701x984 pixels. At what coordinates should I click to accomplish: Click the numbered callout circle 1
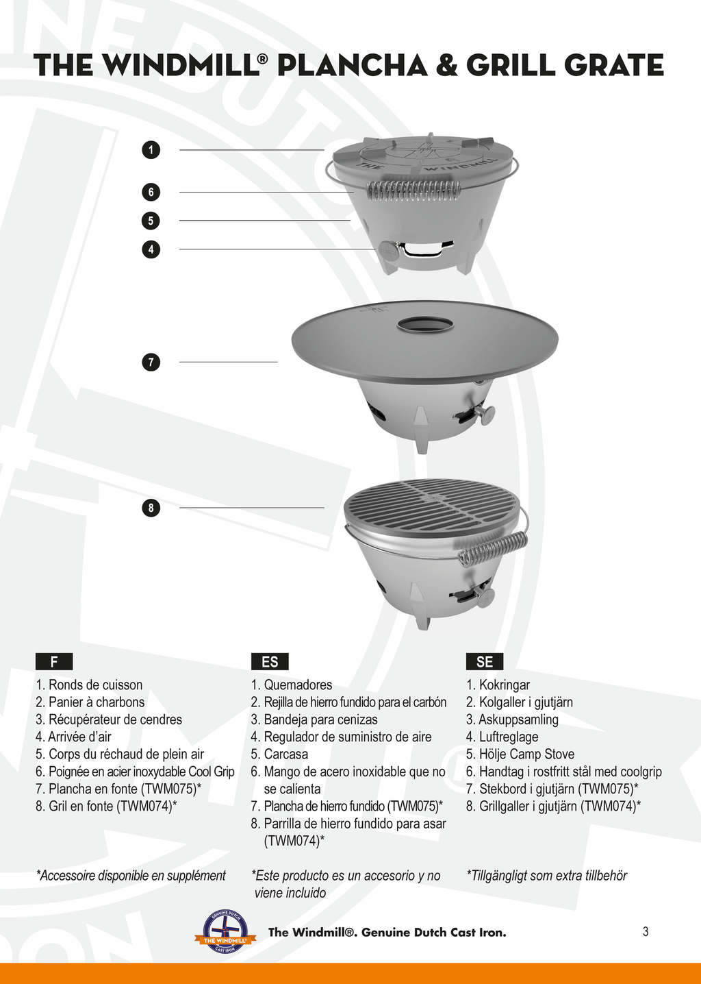tap(151, 149)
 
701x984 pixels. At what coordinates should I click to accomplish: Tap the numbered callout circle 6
tap(151, 192)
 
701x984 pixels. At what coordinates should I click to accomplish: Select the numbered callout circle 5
tap(151, 221)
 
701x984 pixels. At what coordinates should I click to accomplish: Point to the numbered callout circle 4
tap(151, 249)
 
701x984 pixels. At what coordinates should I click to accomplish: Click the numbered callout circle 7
tap(151, 362)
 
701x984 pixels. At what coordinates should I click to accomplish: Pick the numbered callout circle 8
tap(151, 508)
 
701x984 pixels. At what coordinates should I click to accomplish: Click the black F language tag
tap(54, 661)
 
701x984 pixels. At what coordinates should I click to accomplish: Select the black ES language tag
tap(270, 661)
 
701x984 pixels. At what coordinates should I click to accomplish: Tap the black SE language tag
tap(485, 661)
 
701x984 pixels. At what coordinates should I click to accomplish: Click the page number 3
tap(646, 931)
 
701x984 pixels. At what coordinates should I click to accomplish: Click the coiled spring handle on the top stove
tap(413, 189)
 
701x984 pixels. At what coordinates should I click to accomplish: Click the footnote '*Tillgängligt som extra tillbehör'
tap(546, 876)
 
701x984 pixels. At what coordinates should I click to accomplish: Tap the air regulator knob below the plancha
tap(485, 414)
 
